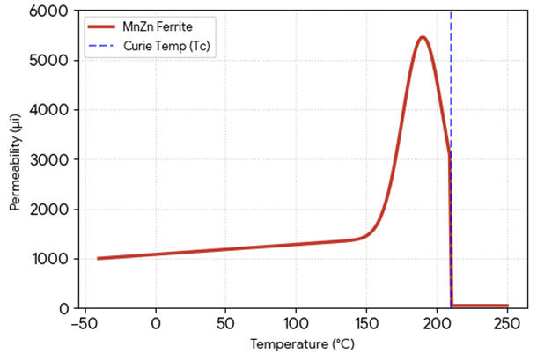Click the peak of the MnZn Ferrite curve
(423, 37)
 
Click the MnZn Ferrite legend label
(151, 27)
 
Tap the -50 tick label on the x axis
(83, 324)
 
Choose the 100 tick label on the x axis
(297, 324)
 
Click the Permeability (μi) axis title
(15, 160)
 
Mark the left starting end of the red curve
(98, 259)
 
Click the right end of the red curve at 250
(508, 306)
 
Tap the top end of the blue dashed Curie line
(451, 12)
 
